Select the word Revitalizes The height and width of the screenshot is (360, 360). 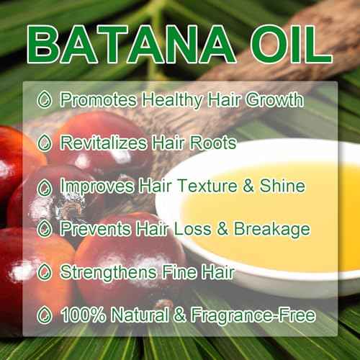(102, 143)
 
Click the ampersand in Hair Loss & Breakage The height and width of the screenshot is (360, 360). (225, 230)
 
